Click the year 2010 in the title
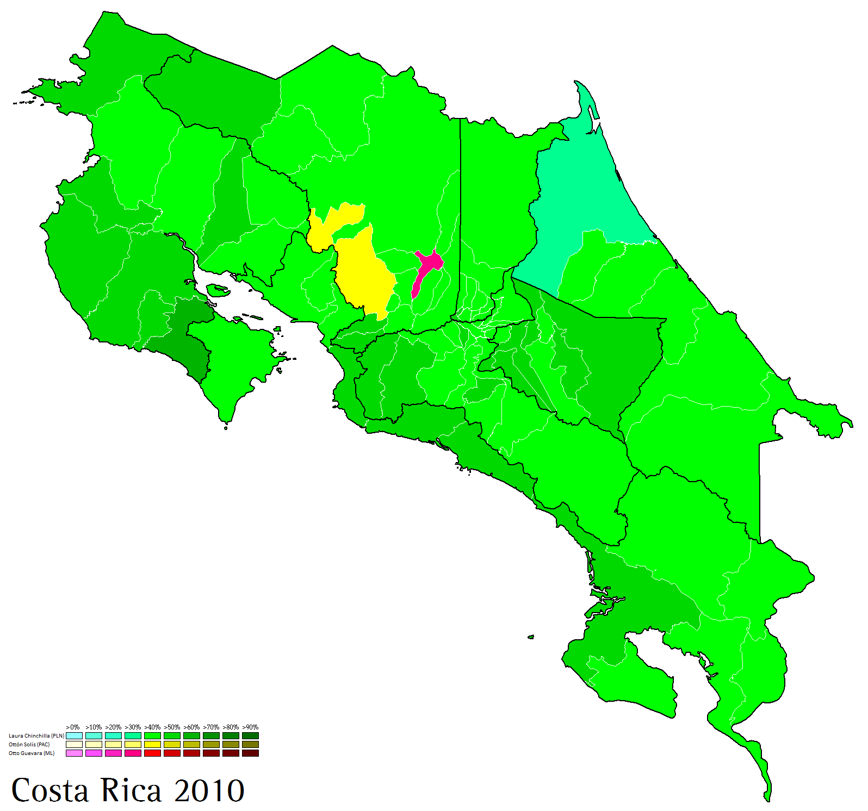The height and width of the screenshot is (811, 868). coord(209,790)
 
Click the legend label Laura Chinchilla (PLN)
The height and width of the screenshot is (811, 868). coord(36,735)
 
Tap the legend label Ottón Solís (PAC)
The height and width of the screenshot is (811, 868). coord(29,744)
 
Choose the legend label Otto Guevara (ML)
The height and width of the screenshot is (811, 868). coord(32,753)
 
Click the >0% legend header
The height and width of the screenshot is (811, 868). coord(73,727)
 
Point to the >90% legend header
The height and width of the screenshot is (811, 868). coord(250,727)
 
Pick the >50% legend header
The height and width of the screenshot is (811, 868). coord(172,727)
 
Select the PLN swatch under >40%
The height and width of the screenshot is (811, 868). coord(152,735)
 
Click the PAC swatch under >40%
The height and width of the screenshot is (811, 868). coord(152,744)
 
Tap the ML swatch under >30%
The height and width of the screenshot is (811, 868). coord(133,753)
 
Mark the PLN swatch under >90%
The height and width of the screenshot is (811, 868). coord(250,735)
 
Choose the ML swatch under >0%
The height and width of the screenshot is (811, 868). coord(74,753)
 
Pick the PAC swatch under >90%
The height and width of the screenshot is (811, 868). coord(250,744)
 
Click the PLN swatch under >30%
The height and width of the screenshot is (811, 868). coord(133,735)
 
